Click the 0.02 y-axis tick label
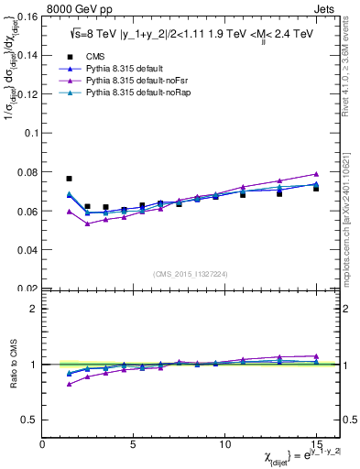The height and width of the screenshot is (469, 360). click(x=27, y=288)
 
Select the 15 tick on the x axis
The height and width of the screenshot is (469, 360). click(x=316, y=443)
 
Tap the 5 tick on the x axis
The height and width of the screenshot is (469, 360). click(x=134, y=443)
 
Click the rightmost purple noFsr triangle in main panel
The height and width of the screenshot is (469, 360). click(x=316, y=173)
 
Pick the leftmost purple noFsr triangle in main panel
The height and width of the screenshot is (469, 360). click(x=70, y=211)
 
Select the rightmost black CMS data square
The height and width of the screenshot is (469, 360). click(x=316, y=188)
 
